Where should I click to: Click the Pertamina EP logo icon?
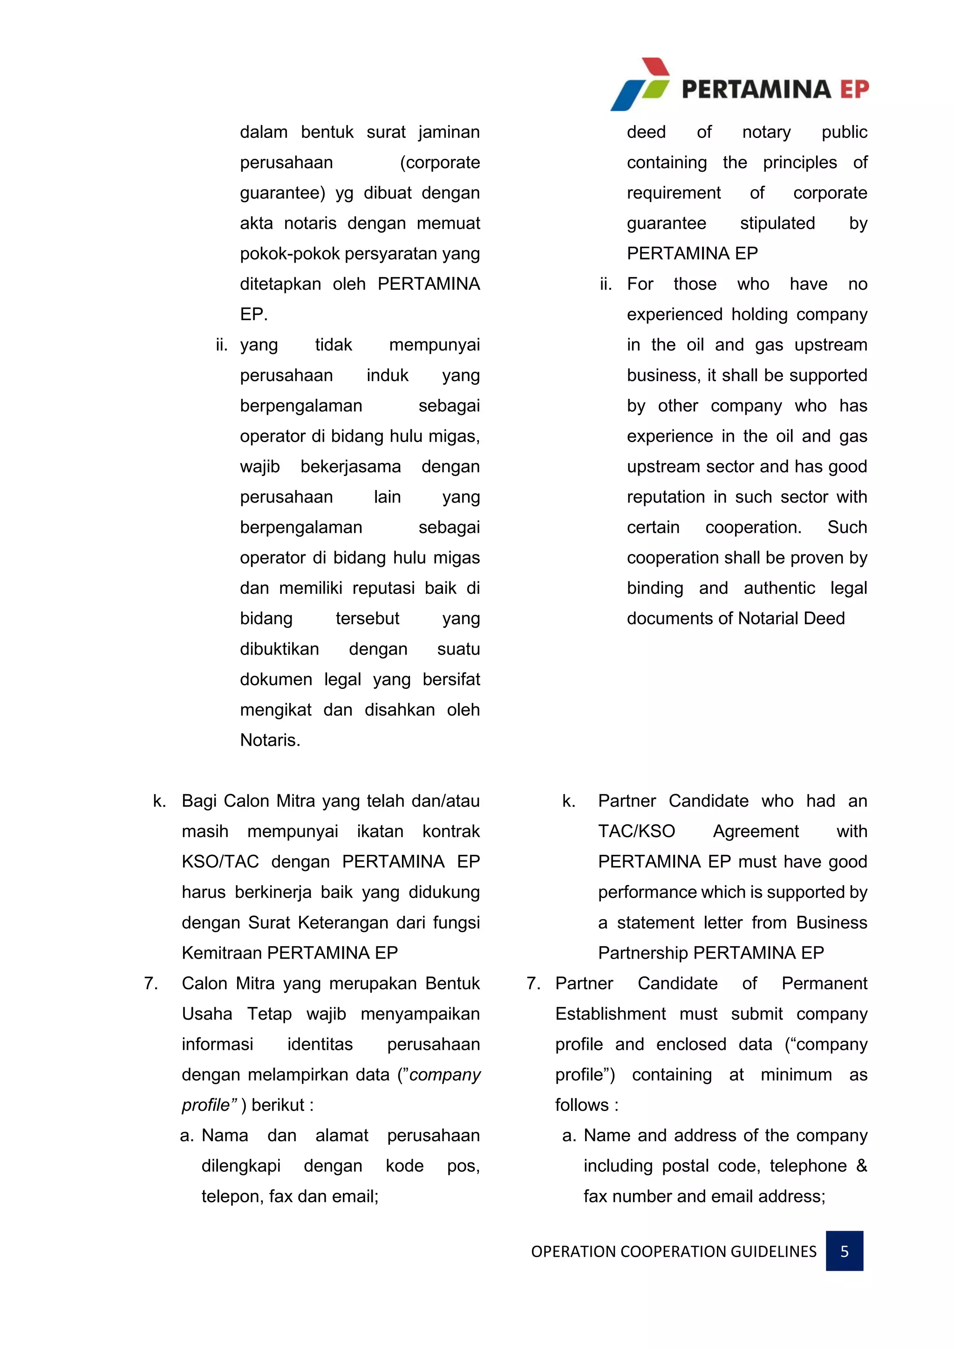point(641,85)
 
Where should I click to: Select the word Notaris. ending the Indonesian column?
point(270,740)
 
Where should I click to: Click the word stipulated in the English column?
point(777,223)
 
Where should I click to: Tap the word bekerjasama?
point(351,466)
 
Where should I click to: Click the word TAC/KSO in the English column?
point(636,831)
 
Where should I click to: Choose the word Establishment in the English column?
point(610,1014)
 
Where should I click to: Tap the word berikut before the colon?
point(278,1105)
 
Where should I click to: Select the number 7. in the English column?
point(533,983)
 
